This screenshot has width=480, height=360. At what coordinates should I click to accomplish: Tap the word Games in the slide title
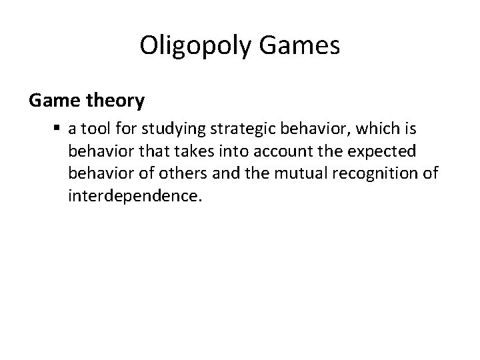coord(306,46)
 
